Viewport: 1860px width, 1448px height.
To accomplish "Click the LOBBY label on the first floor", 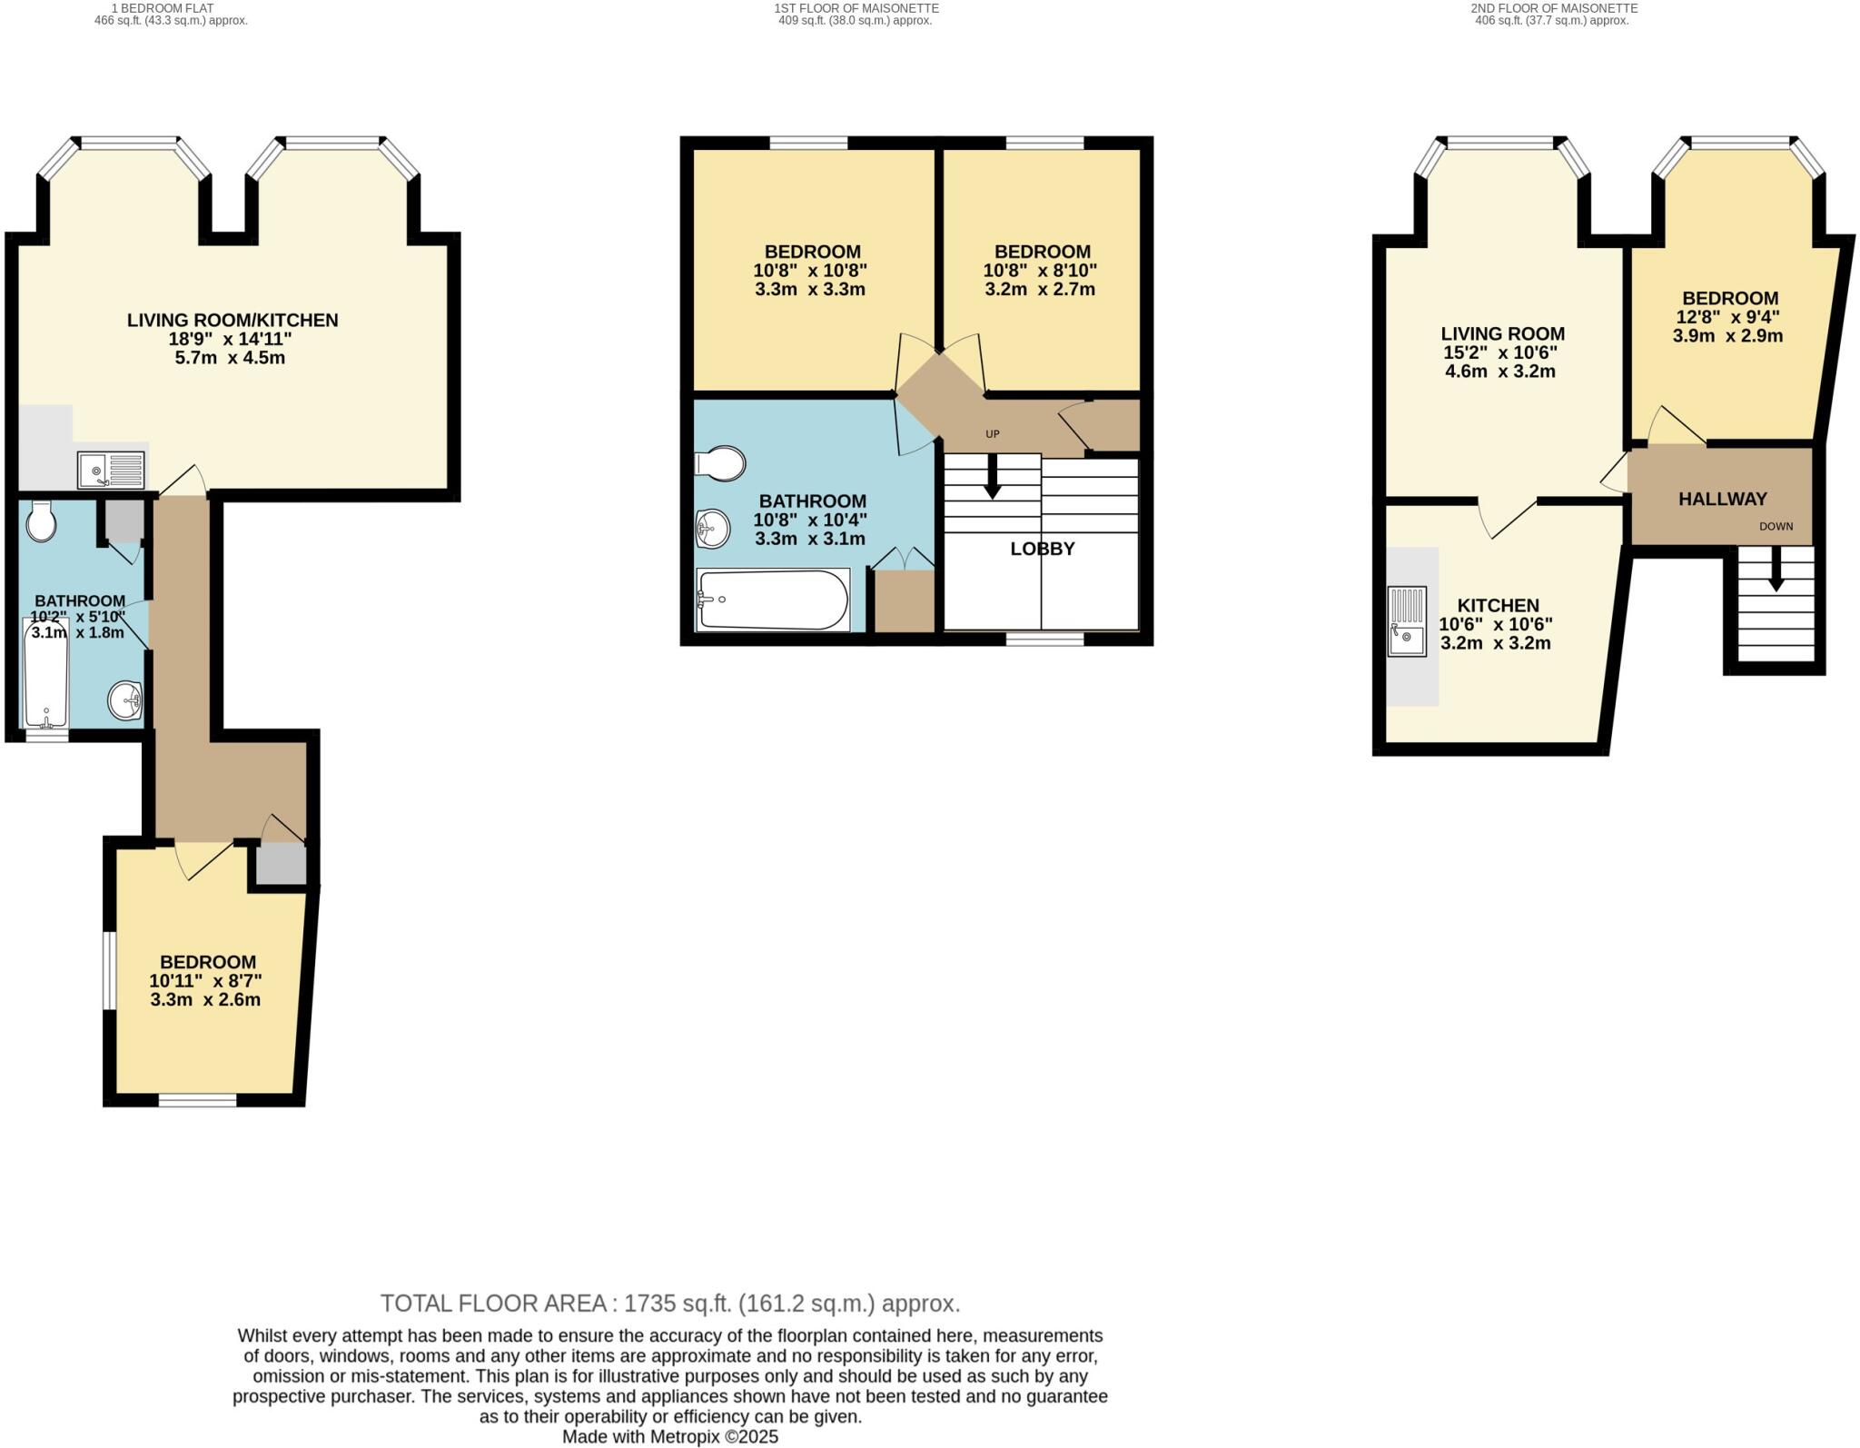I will pyautogui.click(x=1042, y=549).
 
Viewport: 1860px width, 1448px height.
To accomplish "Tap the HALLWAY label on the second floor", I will pyautogui.click(x=1722, y=499).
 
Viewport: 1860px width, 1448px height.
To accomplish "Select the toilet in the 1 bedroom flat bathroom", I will pyautogui.click(x=42, y=522).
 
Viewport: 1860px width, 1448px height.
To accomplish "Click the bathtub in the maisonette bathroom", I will pyautogui.click(x=772, y=600).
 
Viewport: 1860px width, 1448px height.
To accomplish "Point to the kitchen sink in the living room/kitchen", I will pyautogui.click(x=111, y=470).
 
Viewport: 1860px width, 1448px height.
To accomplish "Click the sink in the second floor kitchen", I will pyautogui.click(x=1407, y=621).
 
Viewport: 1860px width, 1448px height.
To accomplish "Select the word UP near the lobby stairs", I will pyautogui.click(x=992, y=434).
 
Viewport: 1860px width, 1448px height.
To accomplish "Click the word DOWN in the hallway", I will pyautogui.click(x=1776, y=526).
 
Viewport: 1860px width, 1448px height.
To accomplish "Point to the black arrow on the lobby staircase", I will pyautogui.click(x=992, y=478).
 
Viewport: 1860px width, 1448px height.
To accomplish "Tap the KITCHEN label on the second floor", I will pyautogui.click(x=1498, y=605).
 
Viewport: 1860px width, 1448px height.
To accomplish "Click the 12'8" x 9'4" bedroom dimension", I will pyautogui.click(x=1727, y=317).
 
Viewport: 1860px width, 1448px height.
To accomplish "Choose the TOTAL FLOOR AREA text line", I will pyautogui.click(x=669, y=1304).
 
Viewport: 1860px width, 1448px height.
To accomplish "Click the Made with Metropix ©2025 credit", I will pyautogui.click(x=669, y=1437).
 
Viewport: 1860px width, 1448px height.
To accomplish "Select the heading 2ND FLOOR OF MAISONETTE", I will pyautogui.click(x=1554, y=8).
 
